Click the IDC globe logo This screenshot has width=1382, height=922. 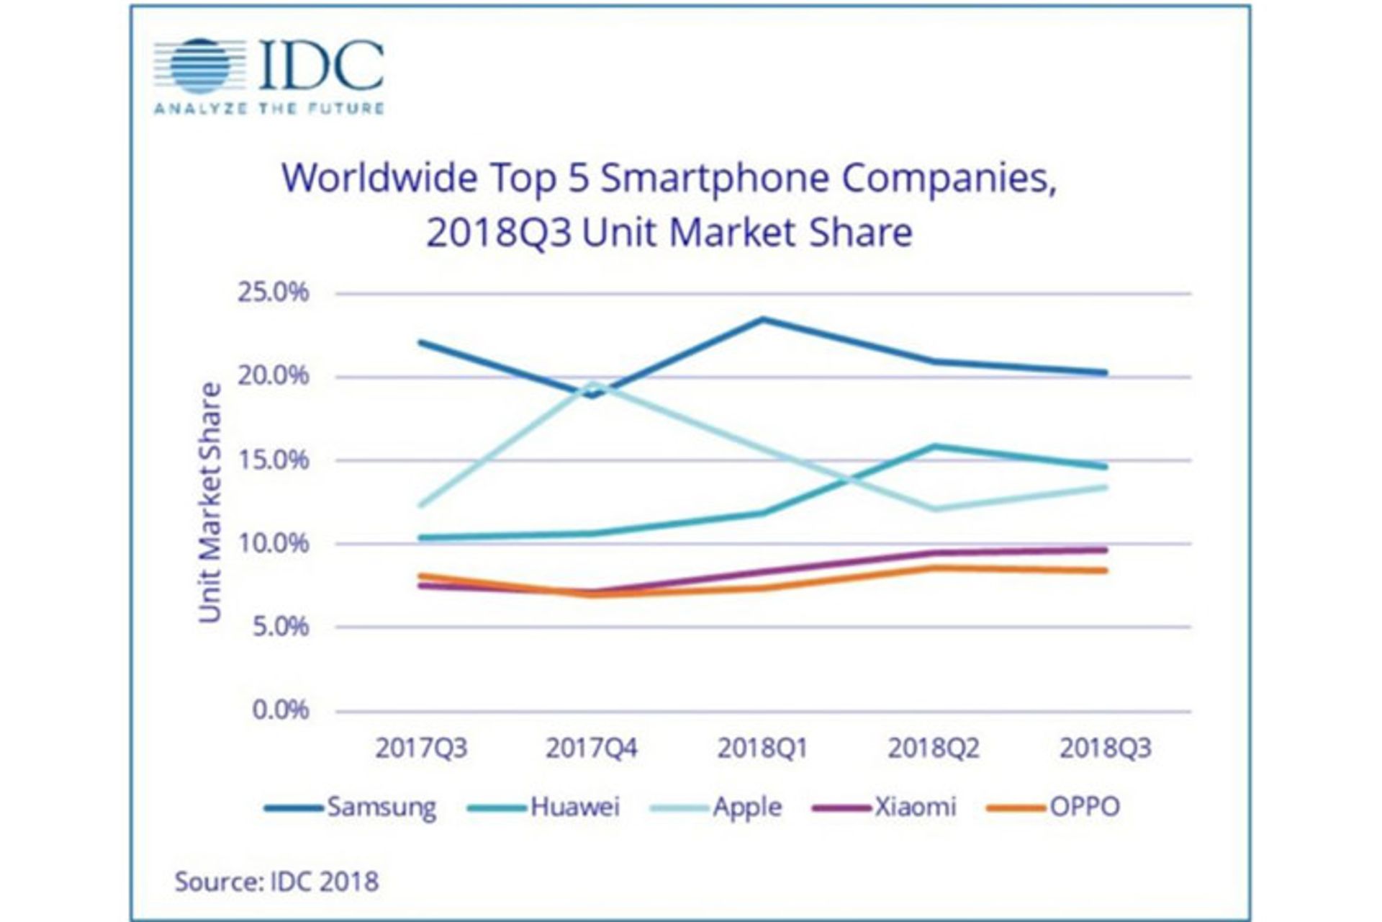[199, 66]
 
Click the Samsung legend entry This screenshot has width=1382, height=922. [351, 807]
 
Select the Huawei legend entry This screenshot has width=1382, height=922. [544, 807]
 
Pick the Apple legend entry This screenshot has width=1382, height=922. [716, 807]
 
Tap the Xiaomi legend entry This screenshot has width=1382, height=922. [885, 807]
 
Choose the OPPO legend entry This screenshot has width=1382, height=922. [1054, 807]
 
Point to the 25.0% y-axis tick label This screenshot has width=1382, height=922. [273, 292]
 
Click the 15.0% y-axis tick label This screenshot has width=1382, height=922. [273, 460]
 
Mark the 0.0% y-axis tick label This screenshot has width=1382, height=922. [280, 710]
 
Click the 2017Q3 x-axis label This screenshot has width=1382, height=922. [421, 748]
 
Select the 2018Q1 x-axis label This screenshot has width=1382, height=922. [763, 748]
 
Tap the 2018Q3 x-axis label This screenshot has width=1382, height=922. [1106, 748]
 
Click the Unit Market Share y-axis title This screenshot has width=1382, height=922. [209, 502]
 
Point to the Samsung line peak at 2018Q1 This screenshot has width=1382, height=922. [763, 318]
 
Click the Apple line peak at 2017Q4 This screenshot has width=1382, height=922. [592, 383]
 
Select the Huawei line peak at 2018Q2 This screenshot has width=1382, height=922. [934, 446]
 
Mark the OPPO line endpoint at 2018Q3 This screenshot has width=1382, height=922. [1105, 570]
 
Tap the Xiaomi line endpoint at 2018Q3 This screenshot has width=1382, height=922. [1105, 550]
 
